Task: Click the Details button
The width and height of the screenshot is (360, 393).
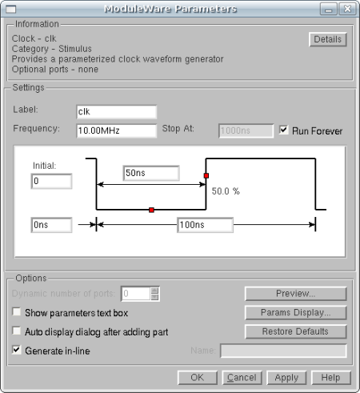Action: click(328, 39)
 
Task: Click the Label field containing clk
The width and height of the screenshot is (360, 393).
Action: click(116, 112)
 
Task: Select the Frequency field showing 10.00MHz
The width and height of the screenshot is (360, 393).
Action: click(116, 130)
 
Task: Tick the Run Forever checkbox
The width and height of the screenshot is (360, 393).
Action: click(283, 130)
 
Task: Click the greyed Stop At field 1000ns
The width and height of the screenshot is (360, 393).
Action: click(246, 130)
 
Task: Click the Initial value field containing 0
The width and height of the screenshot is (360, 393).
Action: click(51, 181)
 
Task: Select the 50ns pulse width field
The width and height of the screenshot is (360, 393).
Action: click(151, 173)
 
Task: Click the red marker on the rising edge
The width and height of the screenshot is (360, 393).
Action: click(206, 175)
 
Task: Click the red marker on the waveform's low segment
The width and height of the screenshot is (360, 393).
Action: click(151, 210)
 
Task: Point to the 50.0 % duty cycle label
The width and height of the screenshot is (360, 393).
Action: click(226, 191)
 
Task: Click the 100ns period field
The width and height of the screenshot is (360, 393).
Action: click(206, 225)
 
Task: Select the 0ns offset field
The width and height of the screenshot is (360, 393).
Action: click(51, 225)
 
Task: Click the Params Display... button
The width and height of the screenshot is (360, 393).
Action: click(296, 312)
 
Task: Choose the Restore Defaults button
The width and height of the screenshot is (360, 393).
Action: click(296, 331)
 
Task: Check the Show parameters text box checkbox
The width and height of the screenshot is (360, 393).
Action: click(17, 311)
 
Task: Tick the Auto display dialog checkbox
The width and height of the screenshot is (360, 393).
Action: click(17, 331)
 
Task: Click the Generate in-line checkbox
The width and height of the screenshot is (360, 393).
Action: click(17, 350)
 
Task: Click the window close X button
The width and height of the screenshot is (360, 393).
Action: click(347, 9)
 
